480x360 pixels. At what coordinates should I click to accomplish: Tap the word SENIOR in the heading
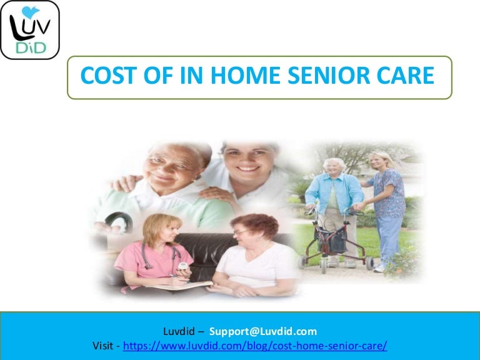(329, 76)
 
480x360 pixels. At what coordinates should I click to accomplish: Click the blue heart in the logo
(31, 11)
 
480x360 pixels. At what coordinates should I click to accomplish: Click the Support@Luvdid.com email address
(263, 330)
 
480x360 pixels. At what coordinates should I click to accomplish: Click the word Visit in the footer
(103, 345)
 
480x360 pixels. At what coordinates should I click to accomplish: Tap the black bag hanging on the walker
(331, 241)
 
